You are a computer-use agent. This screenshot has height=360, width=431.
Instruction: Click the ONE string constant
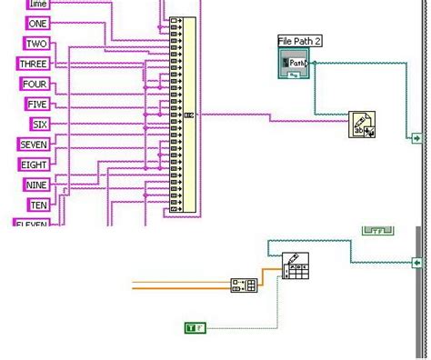[x=38, y=24]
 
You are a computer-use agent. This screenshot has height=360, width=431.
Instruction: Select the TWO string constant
[x=36, y=44]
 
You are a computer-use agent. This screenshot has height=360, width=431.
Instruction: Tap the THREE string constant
[x=34, y=64]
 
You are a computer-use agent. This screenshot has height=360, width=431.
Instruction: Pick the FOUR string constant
[x=34, y=84]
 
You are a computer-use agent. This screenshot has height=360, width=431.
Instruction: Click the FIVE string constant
[x=36, y=104]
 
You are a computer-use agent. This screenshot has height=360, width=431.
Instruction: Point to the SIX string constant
[x=39, y=124]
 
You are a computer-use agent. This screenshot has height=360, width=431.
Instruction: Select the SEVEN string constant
[x=34, y=145]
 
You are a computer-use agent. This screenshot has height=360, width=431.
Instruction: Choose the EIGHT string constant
[x=35, y=165]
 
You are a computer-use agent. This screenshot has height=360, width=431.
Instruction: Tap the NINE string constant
[x=36, y=185]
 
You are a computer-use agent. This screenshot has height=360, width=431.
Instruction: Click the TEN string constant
[x=38, y=205]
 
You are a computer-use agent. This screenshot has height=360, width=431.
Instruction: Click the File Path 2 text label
[x=300, y=41]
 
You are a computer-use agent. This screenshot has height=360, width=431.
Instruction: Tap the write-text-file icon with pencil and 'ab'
[x=362, y=125]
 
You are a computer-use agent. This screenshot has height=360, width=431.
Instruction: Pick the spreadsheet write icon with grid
[x=295, y=266]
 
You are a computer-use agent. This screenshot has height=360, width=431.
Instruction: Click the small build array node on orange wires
[x=244, y=285]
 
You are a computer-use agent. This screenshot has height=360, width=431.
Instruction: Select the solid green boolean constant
[x=195, y=326]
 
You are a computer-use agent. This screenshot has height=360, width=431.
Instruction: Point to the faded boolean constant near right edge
[x=378, y=231]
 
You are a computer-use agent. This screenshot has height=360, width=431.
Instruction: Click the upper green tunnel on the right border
[x=417, y=138]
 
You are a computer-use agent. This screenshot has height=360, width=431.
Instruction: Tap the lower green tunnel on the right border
[x=417, y=263]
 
